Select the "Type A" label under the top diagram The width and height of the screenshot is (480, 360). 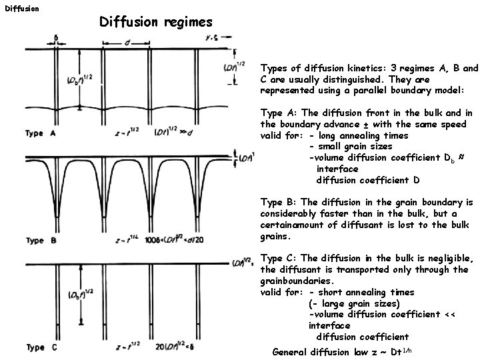[44, 133]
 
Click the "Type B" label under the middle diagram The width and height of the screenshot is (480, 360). [44, 241]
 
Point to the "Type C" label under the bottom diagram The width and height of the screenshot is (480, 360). [44, 347]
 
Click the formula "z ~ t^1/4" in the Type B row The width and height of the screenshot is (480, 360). [129, 241]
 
